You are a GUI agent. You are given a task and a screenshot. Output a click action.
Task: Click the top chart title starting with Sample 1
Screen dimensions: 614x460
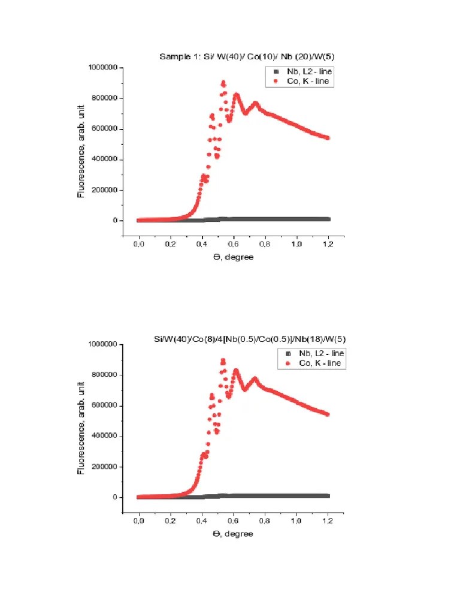(x=247, y=57)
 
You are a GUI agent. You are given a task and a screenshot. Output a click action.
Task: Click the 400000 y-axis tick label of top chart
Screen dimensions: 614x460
(x=102, y=159)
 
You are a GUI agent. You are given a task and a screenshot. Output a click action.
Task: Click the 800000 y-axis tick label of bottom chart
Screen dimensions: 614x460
(x=102, y=375)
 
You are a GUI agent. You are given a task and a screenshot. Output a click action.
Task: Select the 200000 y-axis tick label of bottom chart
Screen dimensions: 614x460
(x=102, y=466)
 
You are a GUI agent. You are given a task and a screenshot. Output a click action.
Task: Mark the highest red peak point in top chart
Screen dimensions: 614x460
(x=223, y=82)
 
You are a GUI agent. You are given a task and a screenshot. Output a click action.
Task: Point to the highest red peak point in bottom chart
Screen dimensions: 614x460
(x=223, y=360)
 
